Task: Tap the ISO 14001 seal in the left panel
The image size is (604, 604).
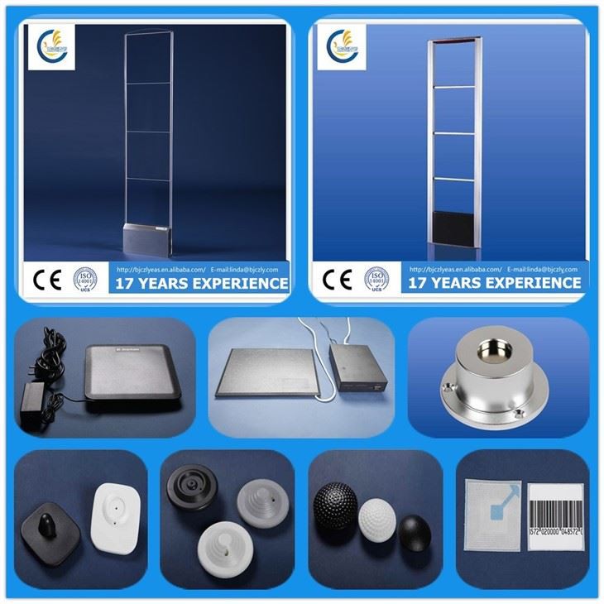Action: tap(85, 279)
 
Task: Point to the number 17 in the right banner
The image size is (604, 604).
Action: tap(420, 283)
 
